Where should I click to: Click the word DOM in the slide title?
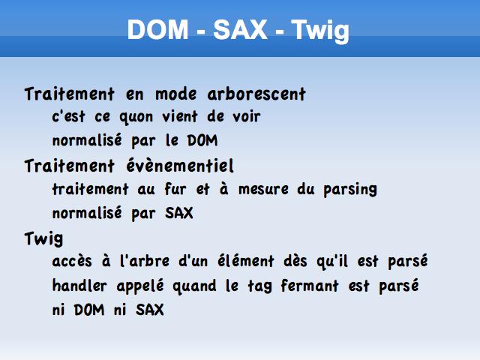tap(157, 29)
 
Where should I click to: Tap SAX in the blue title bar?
tap(240, 29)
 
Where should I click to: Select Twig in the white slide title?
tap(320, 31)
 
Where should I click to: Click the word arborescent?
tap(256, 94)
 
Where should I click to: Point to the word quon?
tap(136, 118)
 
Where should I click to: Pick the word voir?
tap(247, 117)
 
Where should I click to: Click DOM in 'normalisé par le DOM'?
tap(202, 140)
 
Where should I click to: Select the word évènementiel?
tap(180, 166)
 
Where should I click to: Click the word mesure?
tap(263, 189)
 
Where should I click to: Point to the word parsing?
tap(350, 190)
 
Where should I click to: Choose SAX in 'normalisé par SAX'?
tap(179, 213)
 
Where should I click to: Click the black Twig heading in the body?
tap(43, 239)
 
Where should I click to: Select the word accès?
tap(72, 261)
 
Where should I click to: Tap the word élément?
tap(246, 261)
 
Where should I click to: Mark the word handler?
tap(79, 286)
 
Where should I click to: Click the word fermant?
tap(310, 286)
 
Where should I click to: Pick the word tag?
tap(259, 286)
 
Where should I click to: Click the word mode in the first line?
tap(175, 94)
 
